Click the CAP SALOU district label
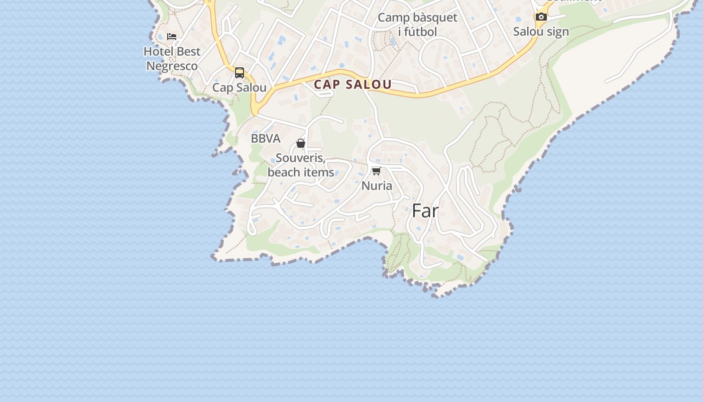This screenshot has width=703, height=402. tap(353, 84)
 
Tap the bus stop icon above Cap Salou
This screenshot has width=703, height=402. tap(240, 73)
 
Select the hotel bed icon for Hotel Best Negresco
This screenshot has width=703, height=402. tap(172, 37)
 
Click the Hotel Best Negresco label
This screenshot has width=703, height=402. tap(172, 59)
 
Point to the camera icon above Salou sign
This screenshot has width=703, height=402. tap(541, 17)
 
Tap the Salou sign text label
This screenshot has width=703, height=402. tap(541, 32)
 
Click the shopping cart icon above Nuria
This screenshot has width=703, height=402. tap(376, 171)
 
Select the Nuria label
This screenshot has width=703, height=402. tap(377, 186)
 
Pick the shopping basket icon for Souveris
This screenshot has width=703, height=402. tap(301, 144)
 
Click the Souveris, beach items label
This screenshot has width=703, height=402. tap(301, 165)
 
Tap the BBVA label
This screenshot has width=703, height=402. tap(266, 139)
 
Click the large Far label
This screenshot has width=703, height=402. tap(425, 211)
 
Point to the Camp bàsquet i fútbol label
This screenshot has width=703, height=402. tap(417, 25)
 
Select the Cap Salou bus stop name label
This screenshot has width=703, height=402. tap(240, 87)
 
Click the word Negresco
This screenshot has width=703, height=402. tap(172, 66)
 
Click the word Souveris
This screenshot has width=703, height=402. tap(300, 158)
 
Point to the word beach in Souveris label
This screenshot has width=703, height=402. tap(283, 172)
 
